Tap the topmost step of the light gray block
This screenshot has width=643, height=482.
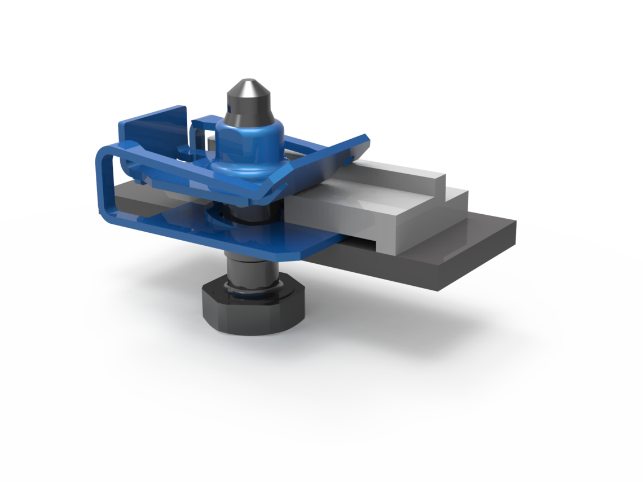[395, 169]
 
